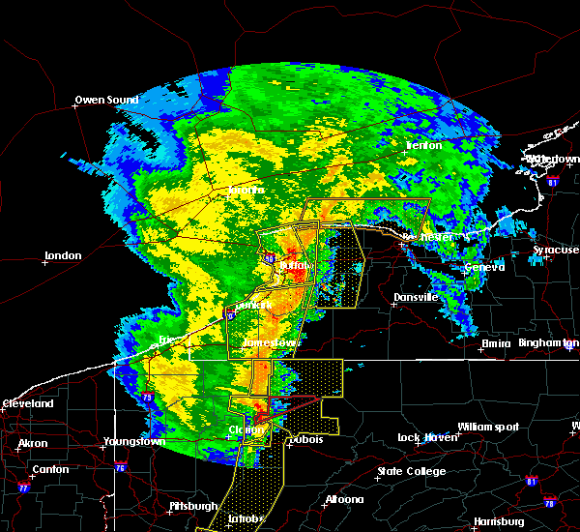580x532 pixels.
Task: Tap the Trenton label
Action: (x=423, y=146)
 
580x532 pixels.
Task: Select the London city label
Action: (x=63, y=256)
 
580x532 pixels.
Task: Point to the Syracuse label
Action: (x=556, y=251)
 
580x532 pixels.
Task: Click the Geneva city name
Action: (x=484, y=267)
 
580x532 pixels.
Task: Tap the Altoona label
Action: (x=344, y=500)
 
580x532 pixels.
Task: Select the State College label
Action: (x=412, y=472)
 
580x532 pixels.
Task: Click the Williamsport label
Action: (x=488, y=427)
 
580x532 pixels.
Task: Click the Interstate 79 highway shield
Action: (x=146, y=396)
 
